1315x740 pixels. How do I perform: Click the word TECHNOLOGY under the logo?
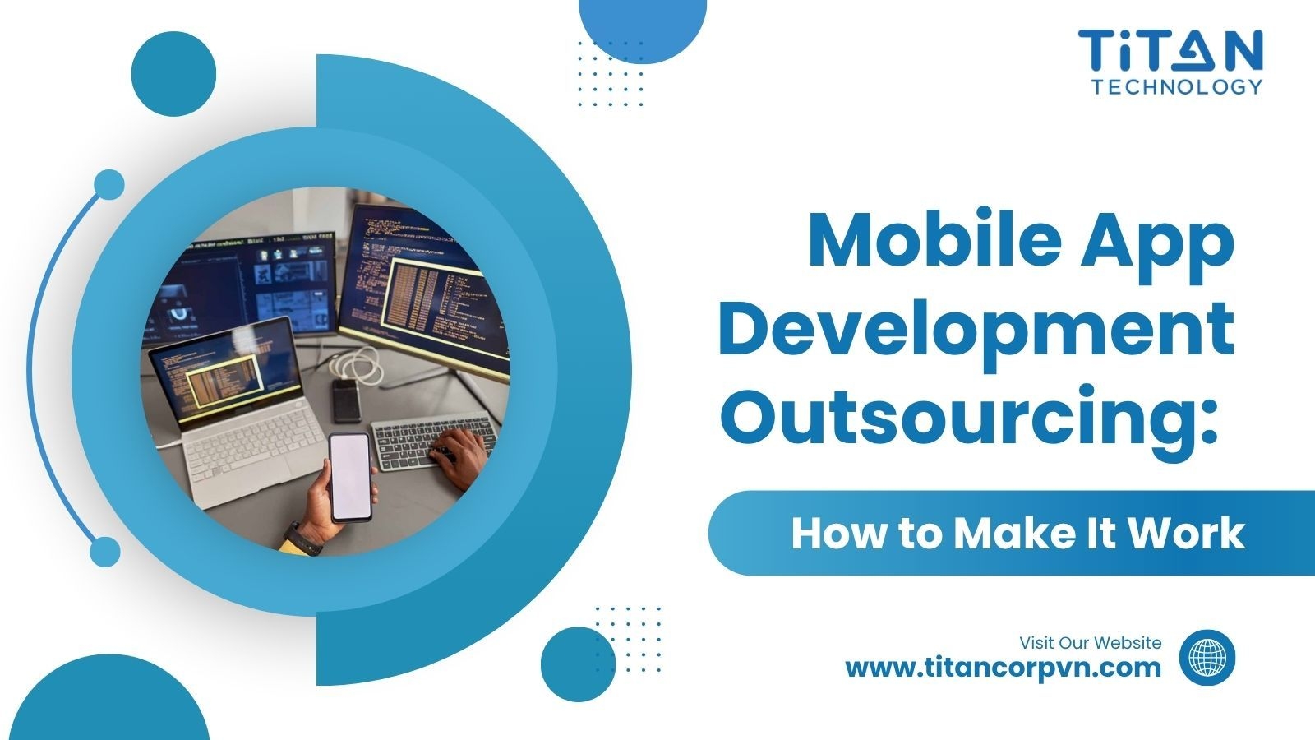click(1176, 87)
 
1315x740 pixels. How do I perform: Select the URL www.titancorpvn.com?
click(1003, 667)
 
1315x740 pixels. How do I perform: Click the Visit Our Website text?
click(1090, 642)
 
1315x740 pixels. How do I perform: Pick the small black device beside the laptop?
click(346, 400)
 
